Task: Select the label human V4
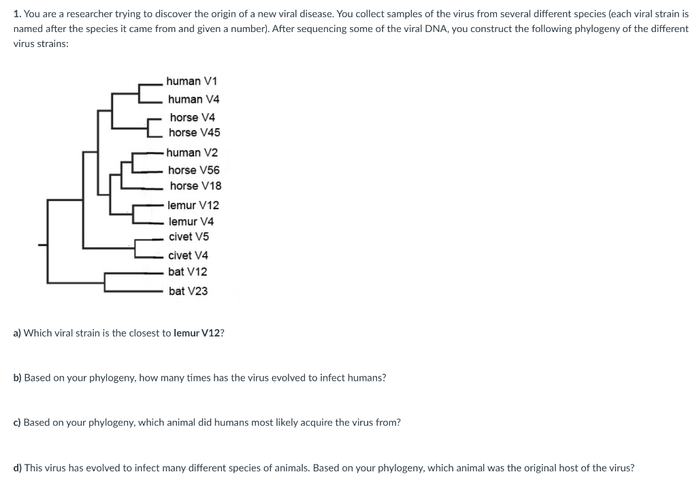click(x=193, y=99)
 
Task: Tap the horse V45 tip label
click(x=194, y=132)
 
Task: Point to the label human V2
click(x=192, y=153)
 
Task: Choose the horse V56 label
click(x=194, y=170)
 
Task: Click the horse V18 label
click(x=195, y=186)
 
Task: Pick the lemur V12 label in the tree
click(x=193, y=205)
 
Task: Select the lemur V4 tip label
click(x=191, y=221)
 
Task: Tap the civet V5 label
click(x=189, y=237)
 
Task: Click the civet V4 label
click(x=188, y=255)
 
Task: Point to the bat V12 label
click(x=188, y=272)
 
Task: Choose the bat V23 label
click(x=188, y=291)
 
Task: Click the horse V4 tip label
click(x=192, y=117)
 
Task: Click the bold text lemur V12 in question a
click(x=198, y=334)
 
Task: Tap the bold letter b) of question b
click(x=18, y=377)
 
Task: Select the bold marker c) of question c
click(x=18, y=422)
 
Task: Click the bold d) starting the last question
click(x=18, y=468)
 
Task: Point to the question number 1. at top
click(x=16, y=14)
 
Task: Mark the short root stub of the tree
click(x=42, y=244)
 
